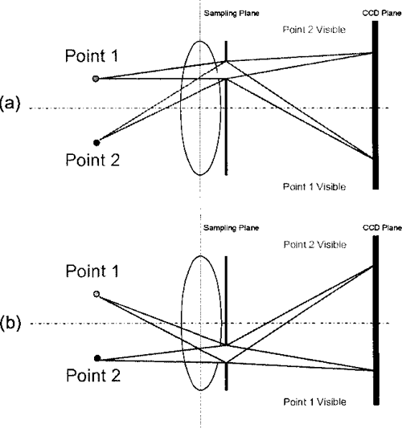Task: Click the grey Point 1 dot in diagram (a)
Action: tap(96, 79)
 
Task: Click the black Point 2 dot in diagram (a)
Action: tap(96, 142)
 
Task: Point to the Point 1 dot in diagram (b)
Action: tap(96, 295)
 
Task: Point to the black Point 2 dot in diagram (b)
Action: tap(96, 358)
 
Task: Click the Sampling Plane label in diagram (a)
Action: tap(231, 14)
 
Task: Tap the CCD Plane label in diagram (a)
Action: tap(379, 14)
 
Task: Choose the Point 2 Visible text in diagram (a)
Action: tap(314, 29)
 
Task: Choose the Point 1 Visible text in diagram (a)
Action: tap(314, 185)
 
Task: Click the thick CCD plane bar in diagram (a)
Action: tap(375, 104)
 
